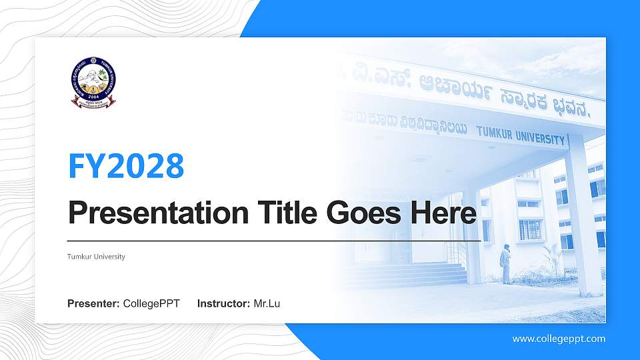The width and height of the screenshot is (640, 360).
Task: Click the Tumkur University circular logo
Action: tap(93, 82)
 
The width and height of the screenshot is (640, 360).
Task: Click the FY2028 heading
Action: tap(126, 166)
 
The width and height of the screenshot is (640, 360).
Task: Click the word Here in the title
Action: tap(445, 213)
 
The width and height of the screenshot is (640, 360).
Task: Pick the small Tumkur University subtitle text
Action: tap(96, 257)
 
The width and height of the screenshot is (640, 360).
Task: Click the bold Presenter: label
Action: tap(93, 304)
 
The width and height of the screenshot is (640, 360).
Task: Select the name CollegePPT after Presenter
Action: tap(151, 304)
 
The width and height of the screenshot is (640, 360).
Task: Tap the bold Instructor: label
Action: tap(223, 304)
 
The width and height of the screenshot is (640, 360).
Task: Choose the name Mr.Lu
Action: tap(267, 304)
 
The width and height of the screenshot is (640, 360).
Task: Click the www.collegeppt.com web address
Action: tap(559, 339)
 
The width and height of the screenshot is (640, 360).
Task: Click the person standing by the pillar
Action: tap(507, 264)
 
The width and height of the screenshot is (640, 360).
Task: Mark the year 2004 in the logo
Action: tap(93, 95)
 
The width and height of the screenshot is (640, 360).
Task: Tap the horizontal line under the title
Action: tap(274, 240)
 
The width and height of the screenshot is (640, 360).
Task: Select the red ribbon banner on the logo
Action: tap(93, 103)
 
